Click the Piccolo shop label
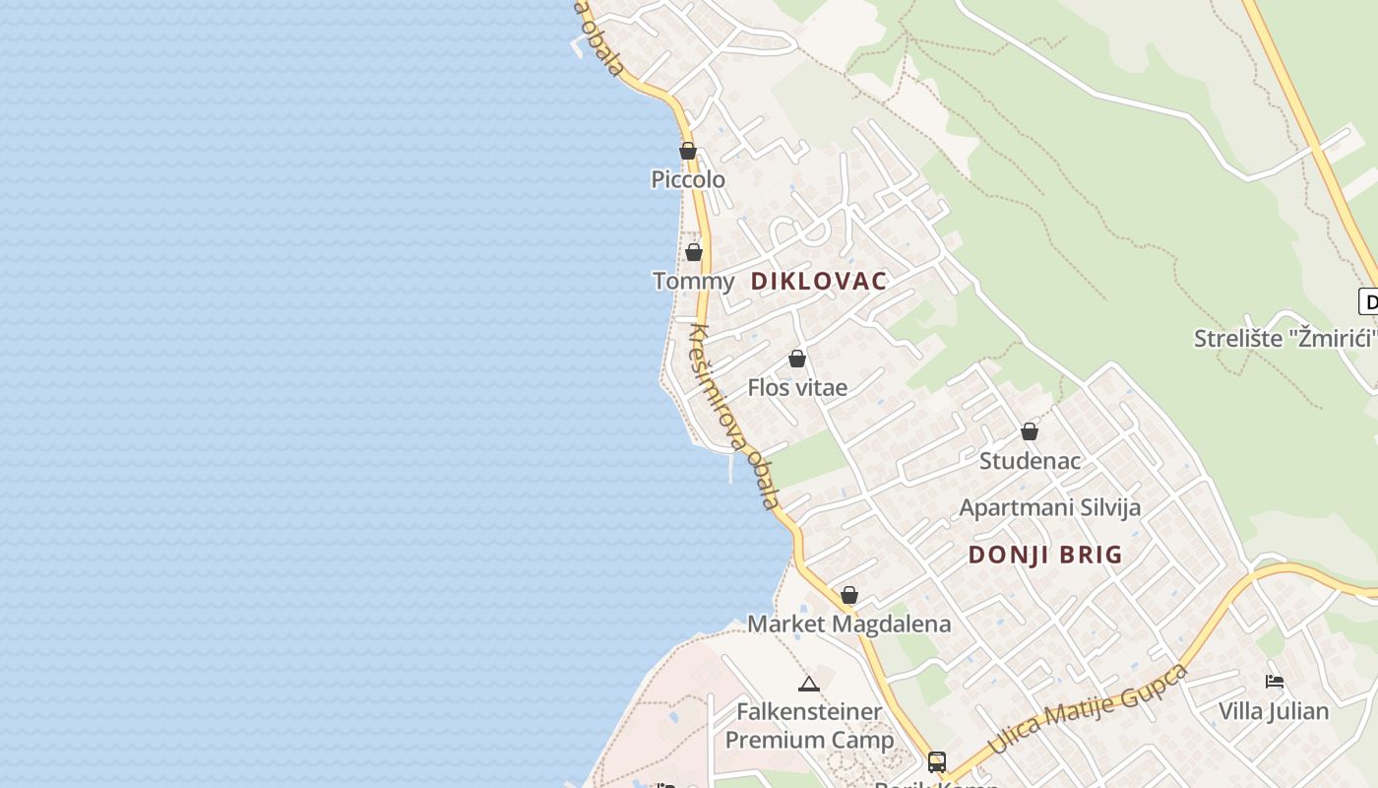click(688, 179)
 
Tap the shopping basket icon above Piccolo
click(688, 151)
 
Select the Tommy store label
click(693, 282)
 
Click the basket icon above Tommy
click(694, 252)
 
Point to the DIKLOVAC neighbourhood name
click(818, 281)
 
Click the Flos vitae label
click(797, 387)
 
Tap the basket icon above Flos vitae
click(797, 359)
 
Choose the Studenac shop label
click(1030, 460)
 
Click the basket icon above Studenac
click(1030, 431)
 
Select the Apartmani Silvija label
click(1049, 508)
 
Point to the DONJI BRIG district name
click(1044, 555)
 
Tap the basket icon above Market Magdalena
click(849, 595)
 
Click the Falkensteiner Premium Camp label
click(809, 726)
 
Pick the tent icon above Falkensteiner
click(809, 684)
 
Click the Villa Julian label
click(1273, 710)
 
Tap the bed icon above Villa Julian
click(1275, 681)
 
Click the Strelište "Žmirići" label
click(1283, 339)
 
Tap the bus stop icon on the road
click(936, 761)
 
